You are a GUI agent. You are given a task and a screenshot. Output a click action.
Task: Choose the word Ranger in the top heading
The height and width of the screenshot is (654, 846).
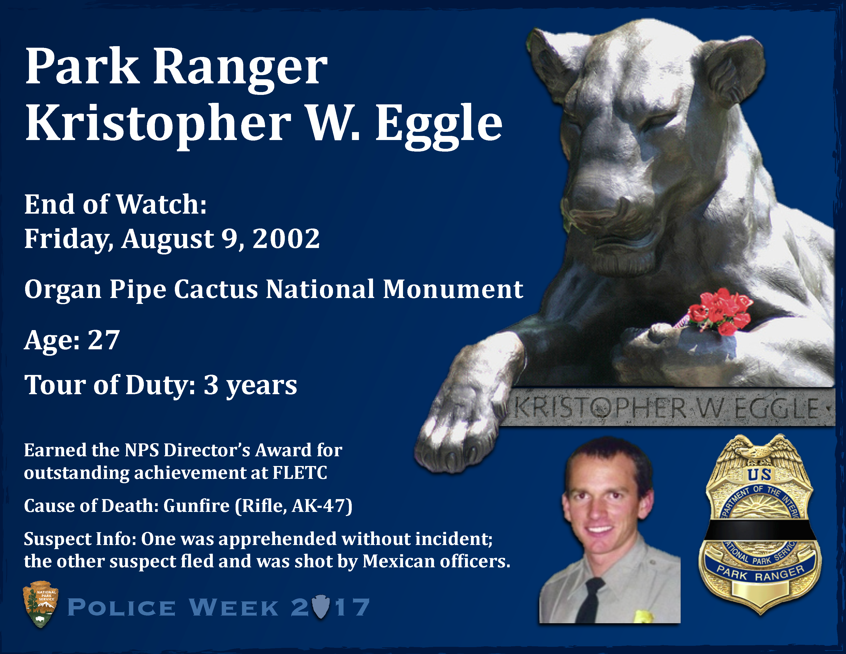(240, 68)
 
